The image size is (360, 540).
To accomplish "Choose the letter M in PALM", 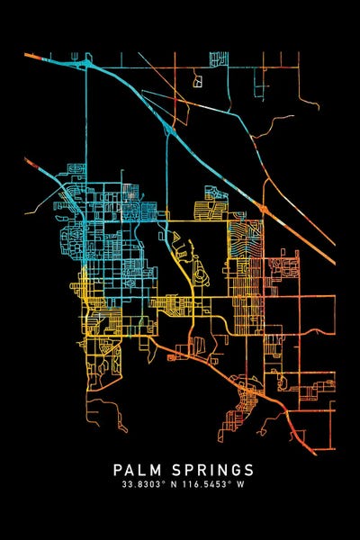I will point(150,470).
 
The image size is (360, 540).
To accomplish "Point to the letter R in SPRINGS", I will point(193,470).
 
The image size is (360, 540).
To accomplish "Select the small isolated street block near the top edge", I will point(197,80).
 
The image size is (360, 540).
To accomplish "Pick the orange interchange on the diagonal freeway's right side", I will point(264,209).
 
